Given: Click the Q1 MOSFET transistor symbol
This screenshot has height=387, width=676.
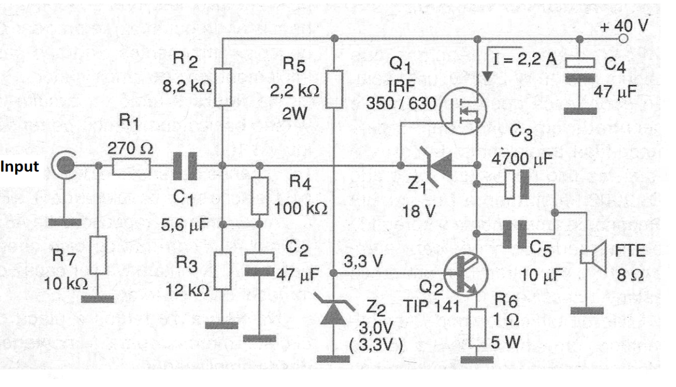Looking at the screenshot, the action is (x=463, y=111).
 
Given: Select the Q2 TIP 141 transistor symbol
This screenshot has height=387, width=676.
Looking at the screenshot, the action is (x=466, y=274).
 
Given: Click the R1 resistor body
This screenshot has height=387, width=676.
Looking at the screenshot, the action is (x=131, y=166).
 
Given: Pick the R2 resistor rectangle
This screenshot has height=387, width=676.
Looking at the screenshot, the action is (x=223, y=87).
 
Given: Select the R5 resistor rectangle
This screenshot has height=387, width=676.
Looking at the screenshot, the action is (x=334, y=89).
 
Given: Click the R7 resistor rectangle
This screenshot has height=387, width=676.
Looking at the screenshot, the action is (x=98, y=255).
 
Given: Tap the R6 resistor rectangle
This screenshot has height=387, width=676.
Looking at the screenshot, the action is (x=478, y=328).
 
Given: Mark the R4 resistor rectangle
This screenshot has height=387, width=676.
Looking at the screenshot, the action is (x=259, y=196).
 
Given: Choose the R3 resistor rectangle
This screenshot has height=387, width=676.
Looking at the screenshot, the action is (x=223, y=271).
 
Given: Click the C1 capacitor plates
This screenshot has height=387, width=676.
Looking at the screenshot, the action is (x=185, y=166).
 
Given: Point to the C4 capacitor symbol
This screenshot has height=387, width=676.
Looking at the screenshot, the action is (x=580, y=70).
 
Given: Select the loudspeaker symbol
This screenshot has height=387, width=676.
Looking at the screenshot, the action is (x=594, y=257).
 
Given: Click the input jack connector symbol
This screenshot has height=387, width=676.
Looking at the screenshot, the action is (x=64, y=165).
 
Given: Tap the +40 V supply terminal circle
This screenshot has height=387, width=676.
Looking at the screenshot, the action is (x=623, y=39).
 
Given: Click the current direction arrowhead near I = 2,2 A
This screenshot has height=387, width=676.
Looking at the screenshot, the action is (x=487, y=76).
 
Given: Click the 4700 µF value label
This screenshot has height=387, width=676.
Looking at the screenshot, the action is (x=522, y=159).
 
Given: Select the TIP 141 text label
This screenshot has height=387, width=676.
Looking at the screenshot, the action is (x=431, y=306).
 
